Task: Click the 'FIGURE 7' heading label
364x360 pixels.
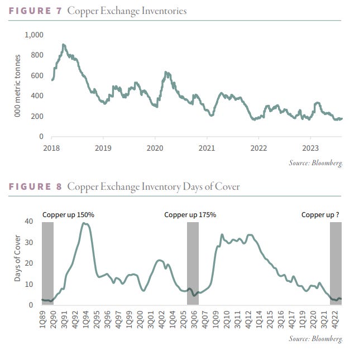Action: pos(35,11)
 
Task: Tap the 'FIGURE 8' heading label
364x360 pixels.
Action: pos(35,186)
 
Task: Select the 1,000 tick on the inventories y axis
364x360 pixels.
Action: pos(33,35)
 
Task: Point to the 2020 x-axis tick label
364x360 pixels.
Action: pos(155,148)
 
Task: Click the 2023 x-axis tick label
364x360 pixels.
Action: pos(310,148)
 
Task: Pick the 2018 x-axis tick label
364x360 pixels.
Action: pos(51,148)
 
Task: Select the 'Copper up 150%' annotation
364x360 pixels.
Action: pos(68,214)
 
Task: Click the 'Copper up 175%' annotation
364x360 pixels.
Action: pos(190,214)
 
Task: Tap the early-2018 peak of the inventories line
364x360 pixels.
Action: pos(64,45)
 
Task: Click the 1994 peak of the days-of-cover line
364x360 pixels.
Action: pos(85,223)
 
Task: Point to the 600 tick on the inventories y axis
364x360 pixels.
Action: pos(36,75)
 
